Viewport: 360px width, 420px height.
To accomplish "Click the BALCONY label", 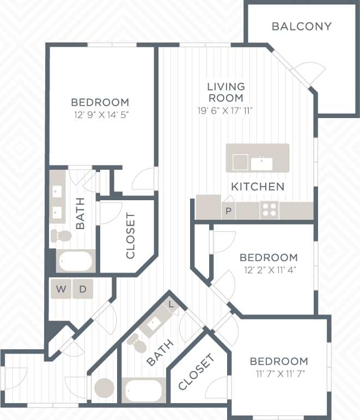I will click(302, 26).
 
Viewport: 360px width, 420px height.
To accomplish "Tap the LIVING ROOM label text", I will click(226, 92).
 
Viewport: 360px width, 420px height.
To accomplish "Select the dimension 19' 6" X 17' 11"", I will click(226, 110).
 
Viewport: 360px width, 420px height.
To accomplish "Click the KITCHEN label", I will click(258, 187).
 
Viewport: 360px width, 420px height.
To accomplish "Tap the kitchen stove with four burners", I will click(269, 209).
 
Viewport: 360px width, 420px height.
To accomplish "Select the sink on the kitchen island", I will click(262, 162).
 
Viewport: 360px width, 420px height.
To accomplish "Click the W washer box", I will click(61, 289).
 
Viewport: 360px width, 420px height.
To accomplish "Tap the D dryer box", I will click(83, 289).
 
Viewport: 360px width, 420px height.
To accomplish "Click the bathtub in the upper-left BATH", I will click(76, 262).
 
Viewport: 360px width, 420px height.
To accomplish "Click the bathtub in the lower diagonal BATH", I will click(143, 390).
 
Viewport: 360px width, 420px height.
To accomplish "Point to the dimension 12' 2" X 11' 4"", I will click(269, 269).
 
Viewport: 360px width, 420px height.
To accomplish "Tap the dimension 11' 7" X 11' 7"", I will click(279, 374).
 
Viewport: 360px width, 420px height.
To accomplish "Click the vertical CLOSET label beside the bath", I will click(130, 235).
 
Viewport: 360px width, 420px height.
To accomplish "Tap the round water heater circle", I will click(104, 388).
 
